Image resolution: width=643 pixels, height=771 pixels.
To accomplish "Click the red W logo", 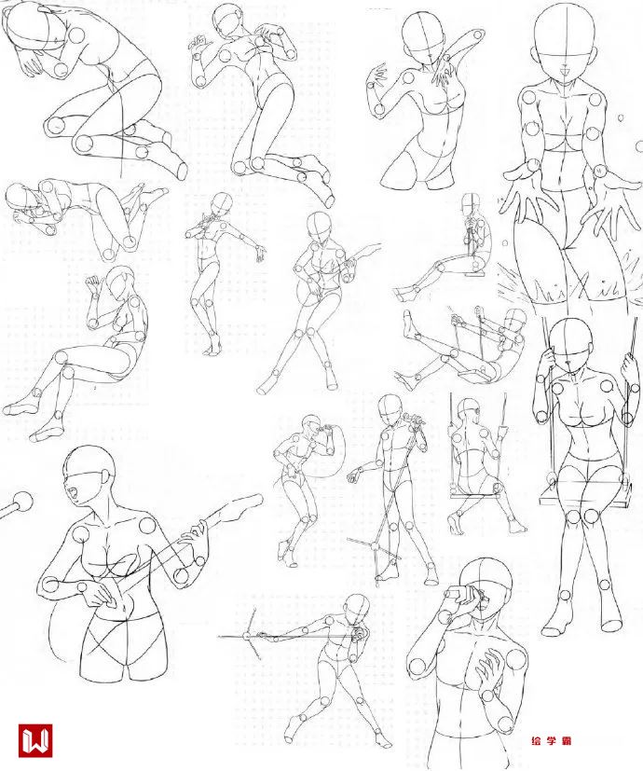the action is click(x=35, y=740).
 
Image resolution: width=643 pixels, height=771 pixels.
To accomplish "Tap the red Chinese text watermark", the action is click(x=551, y=740).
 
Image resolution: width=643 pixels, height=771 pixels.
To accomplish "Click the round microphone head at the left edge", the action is click(x=23, y=502).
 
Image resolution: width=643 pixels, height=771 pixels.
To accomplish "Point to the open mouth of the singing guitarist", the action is click(x=74, y=493).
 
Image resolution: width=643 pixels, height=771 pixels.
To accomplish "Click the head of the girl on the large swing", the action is click(x=569, y=344).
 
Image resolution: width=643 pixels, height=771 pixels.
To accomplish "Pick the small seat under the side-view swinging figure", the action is click(x=475, y=274).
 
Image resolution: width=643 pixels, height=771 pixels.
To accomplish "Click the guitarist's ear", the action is click(x=104, y=478).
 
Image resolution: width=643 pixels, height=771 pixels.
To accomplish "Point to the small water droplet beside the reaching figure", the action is click(x=621, y=117).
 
